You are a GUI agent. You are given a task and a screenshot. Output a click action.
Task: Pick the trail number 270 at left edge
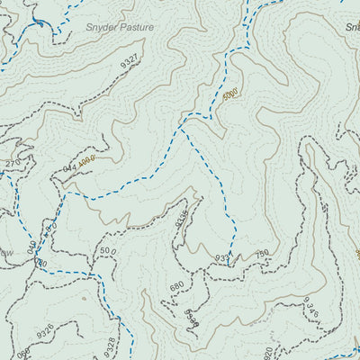(x=12, y=163)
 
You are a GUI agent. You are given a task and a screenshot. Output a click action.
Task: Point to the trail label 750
(x=261, y=255)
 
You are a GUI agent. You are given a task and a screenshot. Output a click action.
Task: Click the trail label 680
(x=176, y=286)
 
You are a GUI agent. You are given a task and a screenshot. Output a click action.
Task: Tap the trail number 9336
(x=182, y=219)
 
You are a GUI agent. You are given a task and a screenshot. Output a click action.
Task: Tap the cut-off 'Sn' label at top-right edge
(x=352, y=26)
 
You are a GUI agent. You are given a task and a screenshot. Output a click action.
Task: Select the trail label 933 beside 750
(x=223, y=259)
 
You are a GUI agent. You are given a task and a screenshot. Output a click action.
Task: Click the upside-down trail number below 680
(x=191, y=317)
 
